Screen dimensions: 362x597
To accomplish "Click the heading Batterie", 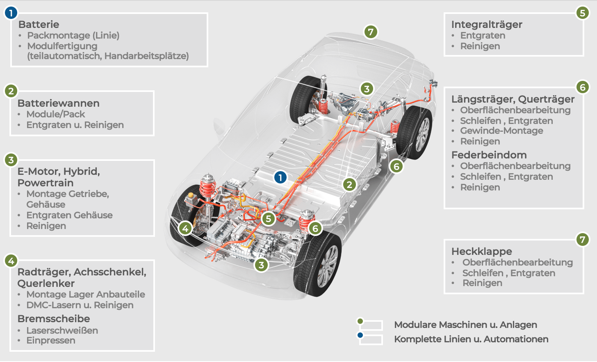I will (39, 24).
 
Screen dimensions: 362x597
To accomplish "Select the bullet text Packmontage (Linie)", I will (73, 35).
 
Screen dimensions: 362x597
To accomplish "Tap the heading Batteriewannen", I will (58, 103).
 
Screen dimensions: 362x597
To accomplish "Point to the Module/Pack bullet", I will (55, 114).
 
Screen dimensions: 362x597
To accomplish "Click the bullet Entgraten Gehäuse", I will (69, 215).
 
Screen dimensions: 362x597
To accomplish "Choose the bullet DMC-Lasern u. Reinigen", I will (80, 305).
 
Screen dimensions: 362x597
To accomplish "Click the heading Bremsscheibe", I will (53, 318).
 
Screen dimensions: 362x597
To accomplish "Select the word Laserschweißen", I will (62, 330).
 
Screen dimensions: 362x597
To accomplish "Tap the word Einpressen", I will (51, 340).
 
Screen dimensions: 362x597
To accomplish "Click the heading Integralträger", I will (487, 24).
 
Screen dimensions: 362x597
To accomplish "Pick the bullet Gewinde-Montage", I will (501, 131).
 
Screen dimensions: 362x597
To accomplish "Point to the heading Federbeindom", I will (489, 155).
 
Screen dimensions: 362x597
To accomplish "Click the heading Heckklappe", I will (481, 251).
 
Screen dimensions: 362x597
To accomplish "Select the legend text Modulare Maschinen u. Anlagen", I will (465, 325).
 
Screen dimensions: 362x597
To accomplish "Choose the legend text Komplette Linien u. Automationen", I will (471, 339).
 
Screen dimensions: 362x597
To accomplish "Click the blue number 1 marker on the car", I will (280, 177).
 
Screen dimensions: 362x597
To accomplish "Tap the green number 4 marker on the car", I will (185, 228).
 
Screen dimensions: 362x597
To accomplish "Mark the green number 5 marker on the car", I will (269, 218).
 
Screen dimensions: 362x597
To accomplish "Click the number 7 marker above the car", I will (371, 32).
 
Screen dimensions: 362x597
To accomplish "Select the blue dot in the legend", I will (360, 335).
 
